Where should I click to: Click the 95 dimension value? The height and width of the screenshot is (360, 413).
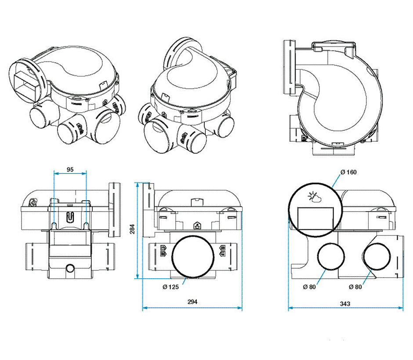pyautogui.click(x=70, y=169)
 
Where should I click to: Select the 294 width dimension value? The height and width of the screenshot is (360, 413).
pyautogui.click(x=192, y=302)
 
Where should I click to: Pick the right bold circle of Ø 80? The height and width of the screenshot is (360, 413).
pyautogui.click(x=377, y=257)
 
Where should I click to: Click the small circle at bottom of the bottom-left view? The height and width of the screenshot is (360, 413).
pyautogui.click(x=70, y=268)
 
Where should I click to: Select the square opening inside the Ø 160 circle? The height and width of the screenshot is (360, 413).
pyautogui.click(x=315, y=218)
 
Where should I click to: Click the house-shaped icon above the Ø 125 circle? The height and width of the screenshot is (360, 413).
pyautogui.click(x=197, y=226)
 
